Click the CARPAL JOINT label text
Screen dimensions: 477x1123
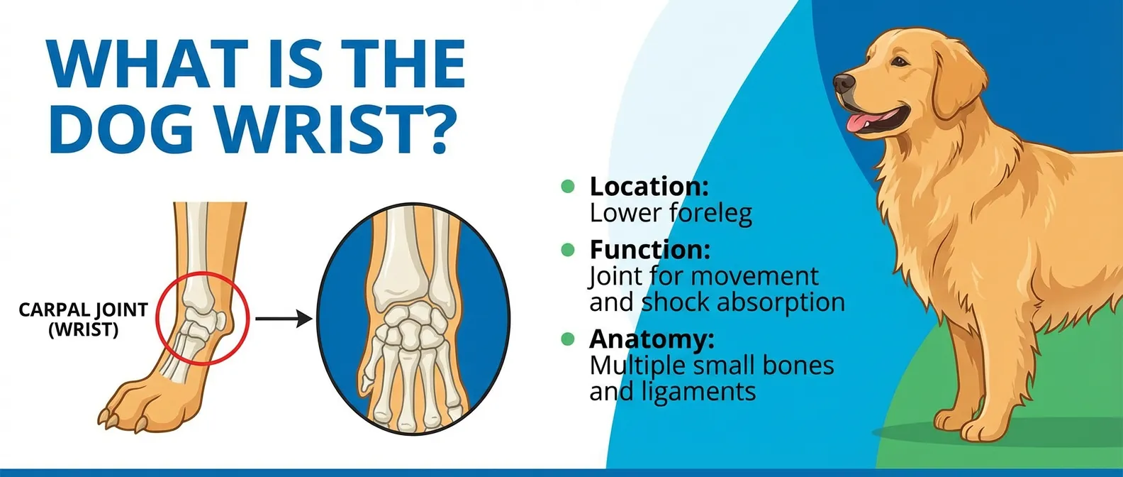[83, 310]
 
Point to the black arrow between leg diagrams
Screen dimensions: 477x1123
[284, 319]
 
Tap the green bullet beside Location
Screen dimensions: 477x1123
[567, 186]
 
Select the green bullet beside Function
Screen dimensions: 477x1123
[567, 249]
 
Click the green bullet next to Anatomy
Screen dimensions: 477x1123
[567, 339]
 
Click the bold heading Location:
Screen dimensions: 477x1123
[649, 187]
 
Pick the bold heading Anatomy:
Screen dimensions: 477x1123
[652, 339]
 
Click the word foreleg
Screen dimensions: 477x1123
[712, 213]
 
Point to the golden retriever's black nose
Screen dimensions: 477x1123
[843, 83]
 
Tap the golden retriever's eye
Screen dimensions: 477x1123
[898, 62]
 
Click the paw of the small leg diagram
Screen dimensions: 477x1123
[135, 405]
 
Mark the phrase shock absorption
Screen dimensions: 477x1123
[743, 302]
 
